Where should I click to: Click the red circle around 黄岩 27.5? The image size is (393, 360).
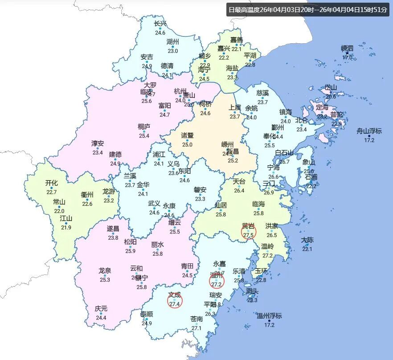tap(248, 232)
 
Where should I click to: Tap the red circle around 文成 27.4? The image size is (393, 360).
tap(175, 301)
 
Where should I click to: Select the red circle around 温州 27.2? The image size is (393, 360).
tap(217, 281)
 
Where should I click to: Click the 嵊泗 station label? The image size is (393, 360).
tap(347, 48)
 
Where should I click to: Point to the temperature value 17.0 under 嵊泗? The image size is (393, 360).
tap(347, 57)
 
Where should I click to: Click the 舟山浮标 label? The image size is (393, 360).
tap(369, 131)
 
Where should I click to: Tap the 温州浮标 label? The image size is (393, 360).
tap(269, 316)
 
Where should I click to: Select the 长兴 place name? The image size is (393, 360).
tap(160, 24)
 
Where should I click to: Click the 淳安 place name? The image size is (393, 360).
tap(98, 143)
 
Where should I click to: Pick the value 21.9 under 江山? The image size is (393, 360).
tap(66, 228)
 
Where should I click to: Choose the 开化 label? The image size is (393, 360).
tap(51, 183)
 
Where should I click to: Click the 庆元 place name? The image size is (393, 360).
tap(101, 309)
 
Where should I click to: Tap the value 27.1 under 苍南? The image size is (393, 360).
tap(196, 328)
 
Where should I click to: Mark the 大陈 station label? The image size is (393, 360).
tap(307, 240)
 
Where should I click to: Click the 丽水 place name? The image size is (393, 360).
tap(157, 245)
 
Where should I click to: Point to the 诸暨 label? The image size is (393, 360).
tap(187, 135)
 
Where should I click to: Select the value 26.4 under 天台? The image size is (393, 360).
tap(239, 191)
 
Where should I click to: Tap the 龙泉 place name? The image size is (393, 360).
tap(105, 270)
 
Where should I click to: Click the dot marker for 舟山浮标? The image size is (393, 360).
tap(369, 135)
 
